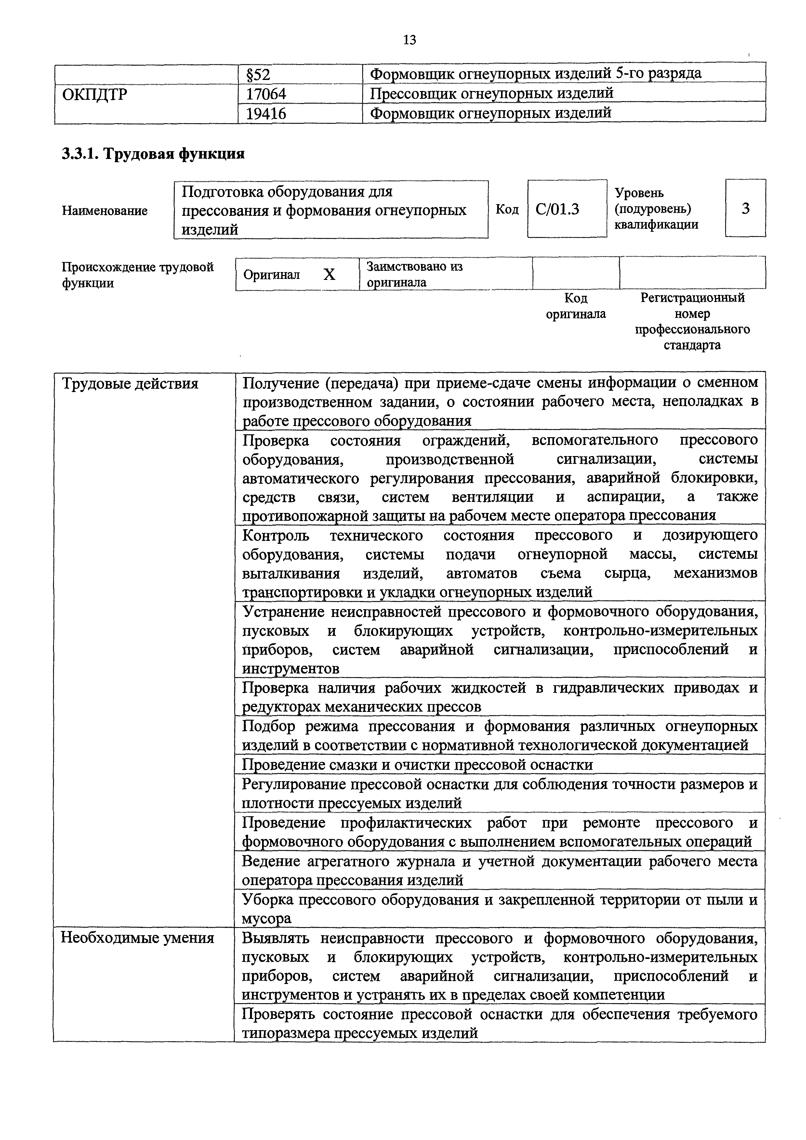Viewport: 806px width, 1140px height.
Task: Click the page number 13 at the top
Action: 409,40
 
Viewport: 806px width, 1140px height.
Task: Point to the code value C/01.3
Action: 557,209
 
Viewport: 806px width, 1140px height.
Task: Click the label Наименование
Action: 105,211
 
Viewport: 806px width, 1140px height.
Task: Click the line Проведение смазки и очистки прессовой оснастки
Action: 417,765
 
